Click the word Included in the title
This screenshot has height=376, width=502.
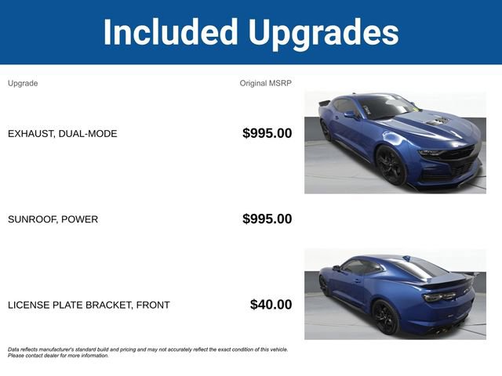(x=171, y=32)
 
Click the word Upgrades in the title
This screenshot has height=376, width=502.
(x=324, y=32)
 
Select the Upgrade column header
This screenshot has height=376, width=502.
(x=23, y=83)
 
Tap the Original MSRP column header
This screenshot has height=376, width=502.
(x=265, y=83)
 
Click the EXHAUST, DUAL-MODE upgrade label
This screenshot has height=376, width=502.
(x=63, y=134)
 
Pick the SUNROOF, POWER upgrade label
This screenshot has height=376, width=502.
(x=53, y=219)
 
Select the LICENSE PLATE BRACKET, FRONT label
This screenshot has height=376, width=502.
(x=89, y=305)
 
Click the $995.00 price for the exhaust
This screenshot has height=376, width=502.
(x=267, y=133)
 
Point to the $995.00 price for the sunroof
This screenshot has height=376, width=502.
(x=267, y=219)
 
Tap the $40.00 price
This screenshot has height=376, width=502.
(x=271, y=304)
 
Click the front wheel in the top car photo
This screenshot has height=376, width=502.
(x=391, y=165)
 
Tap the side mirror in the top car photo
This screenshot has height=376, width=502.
(x=350, y=114)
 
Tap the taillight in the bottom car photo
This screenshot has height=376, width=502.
(x=436, y=297)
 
